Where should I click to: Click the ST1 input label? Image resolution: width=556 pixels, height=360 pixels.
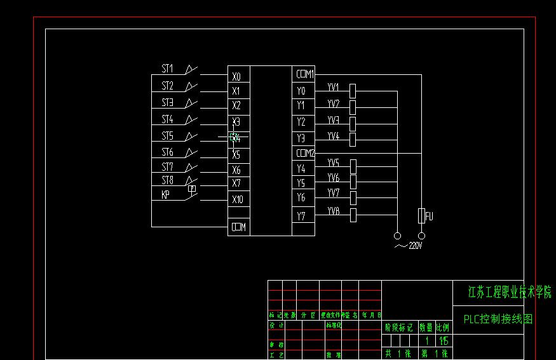pos(167,69)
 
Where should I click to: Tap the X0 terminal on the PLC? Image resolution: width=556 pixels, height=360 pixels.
pos(236,76)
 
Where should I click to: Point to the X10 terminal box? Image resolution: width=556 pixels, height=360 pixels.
pos(238,199)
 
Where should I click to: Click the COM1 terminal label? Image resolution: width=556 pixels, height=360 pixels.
pos(305,74)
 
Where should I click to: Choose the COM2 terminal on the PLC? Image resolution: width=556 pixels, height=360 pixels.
pos(305,153)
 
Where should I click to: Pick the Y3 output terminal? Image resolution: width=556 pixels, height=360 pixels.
pos(301,138)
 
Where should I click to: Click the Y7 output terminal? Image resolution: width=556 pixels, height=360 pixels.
pos(301,216)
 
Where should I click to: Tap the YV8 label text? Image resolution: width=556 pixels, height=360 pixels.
pos(334,211)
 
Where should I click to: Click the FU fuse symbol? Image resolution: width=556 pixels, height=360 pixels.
pos(421,216)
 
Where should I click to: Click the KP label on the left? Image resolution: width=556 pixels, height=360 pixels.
pos(165,196)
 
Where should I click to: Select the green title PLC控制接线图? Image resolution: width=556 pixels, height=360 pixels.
pos(498,319)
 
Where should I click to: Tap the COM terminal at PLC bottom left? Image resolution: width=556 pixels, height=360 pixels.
pos(239,227)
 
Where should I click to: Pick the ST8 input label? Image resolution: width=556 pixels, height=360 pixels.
pos(167,180)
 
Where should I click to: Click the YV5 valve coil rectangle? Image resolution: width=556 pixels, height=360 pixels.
pos(353,167)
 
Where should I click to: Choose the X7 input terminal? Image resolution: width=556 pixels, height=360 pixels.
pos(236,183)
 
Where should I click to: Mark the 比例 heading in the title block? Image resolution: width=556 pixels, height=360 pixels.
pos(442,328)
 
